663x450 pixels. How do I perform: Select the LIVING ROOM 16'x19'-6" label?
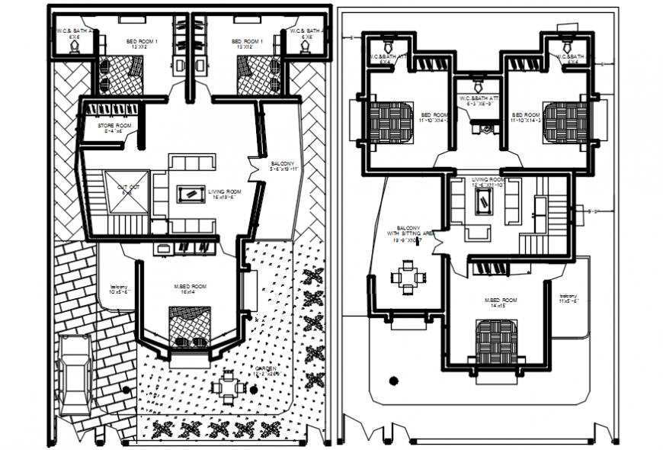coord(225,194)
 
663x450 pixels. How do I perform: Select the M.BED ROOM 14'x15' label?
coord(501,303)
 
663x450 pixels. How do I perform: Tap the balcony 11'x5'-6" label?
coord(569,298)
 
